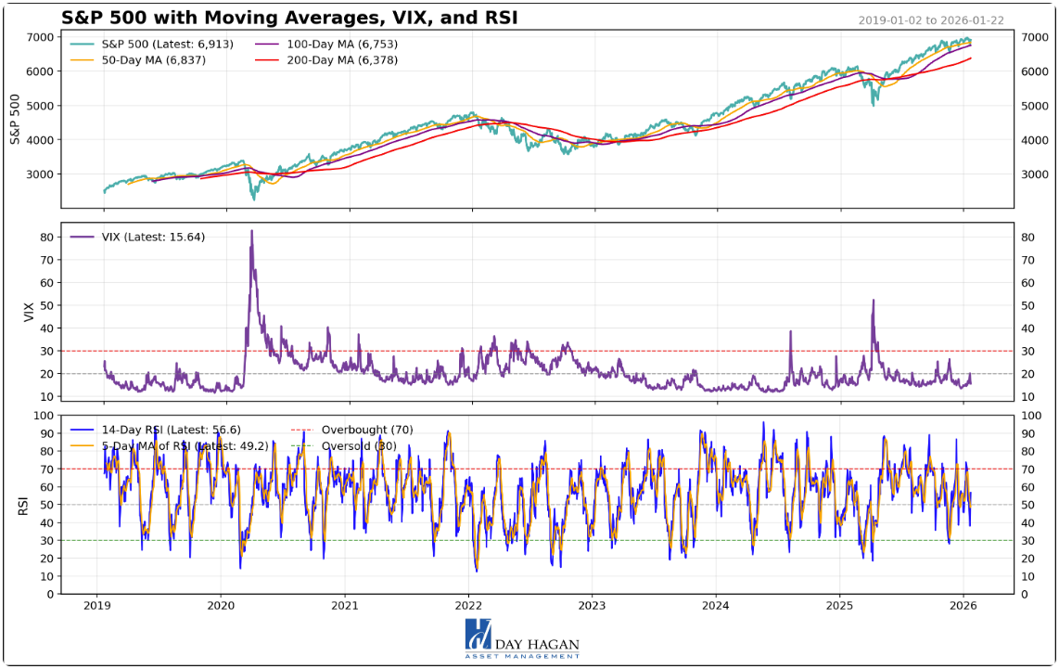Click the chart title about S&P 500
coord(289,18)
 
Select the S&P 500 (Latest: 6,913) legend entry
coord(154,44)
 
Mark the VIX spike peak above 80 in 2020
coord(251,231)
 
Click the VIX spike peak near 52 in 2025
coord(874,300)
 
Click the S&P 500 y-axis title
coord(16,118)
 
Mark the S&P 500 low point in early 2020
coord(253,199)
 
